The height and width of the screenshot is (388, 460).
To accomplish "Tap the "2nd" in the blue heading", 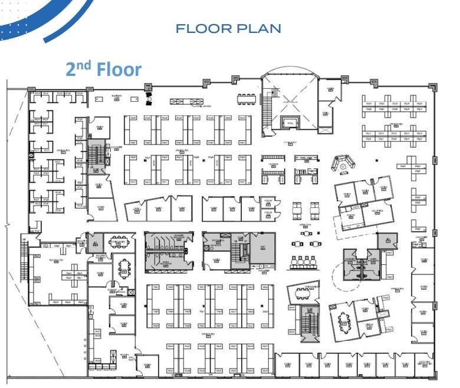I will pyautogui.click(x=78, y=69).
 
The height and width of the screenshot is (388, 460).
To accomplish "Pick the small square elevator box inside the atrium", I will pyautogui.click(x=290, y=122).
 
